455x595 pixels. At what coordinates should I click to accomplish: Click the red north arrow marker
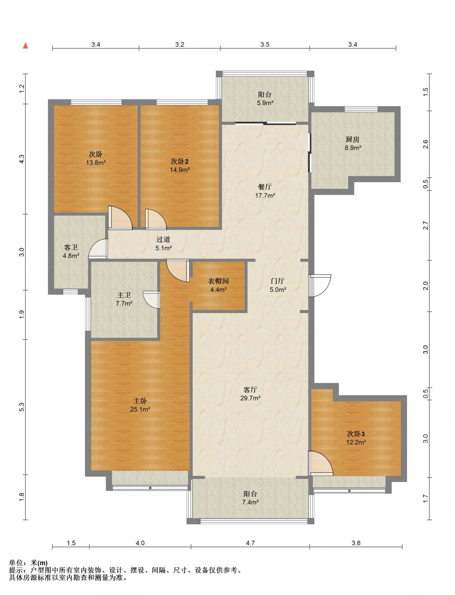26,46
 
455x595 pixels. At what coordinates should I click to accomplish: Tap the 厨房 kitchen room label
352,139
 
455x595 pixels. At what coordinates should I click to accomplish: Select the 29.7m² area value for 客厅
250,398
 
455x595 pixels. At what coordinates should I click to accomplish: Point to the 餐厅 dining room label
265,187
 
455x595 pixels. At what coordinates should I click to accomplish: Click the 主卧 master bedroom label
140,401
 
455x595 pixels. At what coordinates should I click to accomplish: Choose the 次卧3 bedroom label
356,434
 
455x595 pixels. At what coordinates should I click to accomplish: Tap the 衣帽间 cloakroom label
218,281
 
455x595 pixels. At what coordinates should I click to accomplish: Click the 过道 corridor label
163,239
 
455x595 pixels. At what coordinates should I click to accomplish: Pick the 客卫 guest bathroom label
71,247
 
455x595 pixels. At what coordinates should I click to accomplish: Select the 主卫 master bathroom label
124,295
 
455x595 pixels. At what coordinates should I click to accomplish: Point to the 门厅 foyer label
277,281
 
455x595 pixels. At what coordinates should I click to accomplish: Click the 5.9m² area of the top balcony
265,103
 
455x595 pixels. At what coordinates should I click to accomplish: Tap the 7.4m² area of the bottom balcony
250,502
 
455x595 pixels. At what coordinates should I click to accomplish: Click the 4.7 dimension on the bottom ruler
250,543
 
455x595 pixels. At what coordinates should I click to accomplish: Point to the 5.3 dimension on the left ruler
22,407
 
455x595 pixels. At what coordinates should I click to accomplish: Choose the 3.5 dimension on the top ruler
265,44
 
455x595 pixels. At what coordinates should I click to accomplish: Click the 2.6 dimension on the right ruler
425,144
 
